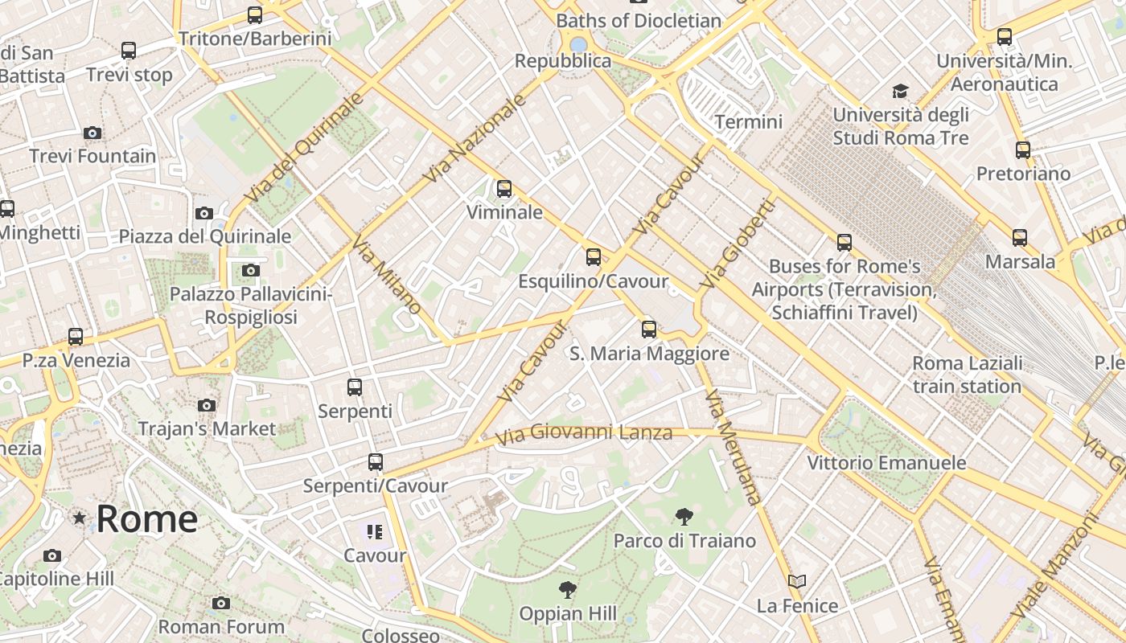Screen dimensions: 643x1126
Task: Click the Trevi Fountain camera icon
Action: tap(92, 133)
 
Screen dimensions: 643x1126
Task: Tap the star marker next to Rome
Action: tap(80, 518)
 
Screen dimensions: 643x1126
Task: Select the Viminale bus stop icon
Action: tap(504, 189)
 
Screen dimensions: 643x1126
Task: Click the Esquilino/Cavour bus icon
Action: tap(594, 257)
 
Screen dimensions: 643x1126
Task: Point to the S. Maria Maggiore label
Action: tap(649, 354)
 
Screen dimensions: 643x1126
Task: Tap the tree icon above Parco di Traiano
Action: tap(684, 517)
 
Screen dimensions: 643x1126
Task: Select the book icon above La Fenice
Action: tap(797, 581)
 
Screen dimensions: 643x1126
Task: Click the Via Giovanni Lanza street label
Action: tap(584, 434)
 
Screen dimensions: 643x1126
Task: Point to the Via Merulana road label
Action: tap(733, 447)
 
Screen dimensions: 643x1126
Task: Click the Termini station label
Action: tap(748, 122)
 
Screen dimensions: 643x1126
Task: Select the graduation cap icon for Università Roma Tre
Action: tap(900, 91)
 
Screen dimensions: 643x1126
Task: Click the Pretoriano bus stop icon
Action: tap(1023, 150)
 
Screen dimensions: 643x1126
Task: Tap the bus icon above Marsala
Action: tap(1020, 238)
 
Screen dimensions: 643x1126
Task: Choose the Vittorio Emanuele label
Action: tap(886, 463)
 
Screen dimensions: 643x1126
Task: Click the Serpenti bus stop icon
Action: tap(355, 387)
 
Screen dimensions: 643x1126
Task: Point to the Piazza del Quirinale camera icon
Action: tap(204, 213)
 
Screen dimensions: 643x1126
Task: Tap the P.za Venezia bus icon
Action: tap(76, 337)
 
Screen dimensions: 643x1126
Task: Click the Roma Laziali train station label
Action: tap(967, 375)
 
